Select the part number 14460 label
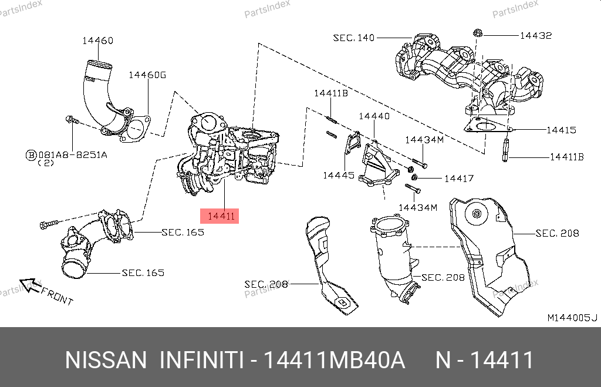point(97,41)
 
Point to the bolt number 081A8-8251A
point(73,155)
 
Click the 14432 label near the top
point(535,35)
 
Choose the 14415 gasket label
point(561,130)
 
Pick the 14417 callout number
point(458,178)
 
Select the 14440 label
point(374,116)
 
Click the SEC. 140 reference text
point(353,38)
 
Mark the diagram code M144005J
point(572,318)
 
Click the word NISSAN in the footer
point(106,360)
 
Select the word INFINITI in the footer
point(201,360)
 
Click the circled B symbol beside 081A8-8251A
point(31,155)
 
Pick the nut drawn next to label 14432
point(477,33)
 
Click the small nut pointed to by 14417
point(414,178)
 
